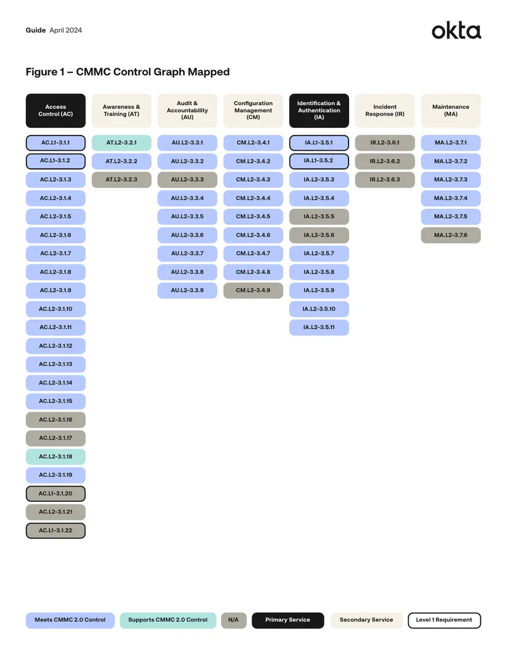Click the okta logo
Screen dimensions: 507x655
click(x=456, y=30)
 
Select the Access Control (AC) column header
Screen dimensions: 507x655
click(x=56, y=111)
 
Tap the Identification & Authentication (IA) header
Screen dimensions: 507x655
click(x=319, y=111)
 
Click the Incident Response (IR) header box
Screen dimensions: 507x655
click(x=385, y=111)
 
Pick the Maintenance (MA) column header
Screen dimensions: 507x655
click(x=451, y=111)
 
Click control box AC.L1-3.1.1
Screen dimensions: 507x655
click(x=56, y=143)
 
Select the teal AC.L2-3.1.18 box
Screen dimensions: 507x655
click(x=56, y=456)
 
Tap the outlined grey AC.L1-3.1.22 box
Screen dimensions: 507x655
click(x=56, y=530)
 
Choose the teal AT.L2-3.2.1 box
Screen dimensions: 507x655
click(x=121, y=143)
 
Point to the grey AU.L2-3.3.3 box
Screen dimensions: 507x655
click(x=188, y=180)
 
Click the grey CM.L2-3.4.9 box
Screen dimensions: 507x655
click(x=253, y=290)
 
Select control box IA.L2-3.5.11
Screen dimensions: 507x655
click(x=319, y=328)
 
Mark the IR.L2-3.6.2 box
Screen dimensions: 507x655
click(x=385, y=161)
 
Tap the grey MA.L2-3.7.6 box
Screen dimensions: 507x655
click(x=451, y=235)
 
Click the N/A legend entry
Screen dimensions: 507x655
click(x=234, y=620)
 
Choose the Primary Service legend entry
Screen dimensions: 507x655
click(x=288, y=620)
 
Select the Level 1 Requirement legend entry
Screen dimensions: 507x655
click(x=444, y=620)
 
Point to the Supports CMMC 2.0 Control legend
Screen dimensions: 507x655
click(x=168, y=620)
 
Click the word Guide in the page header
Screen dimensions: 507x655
click(x=35, y=30)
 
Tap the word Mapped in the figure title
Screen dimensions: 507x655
click(x=209, y=72)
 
